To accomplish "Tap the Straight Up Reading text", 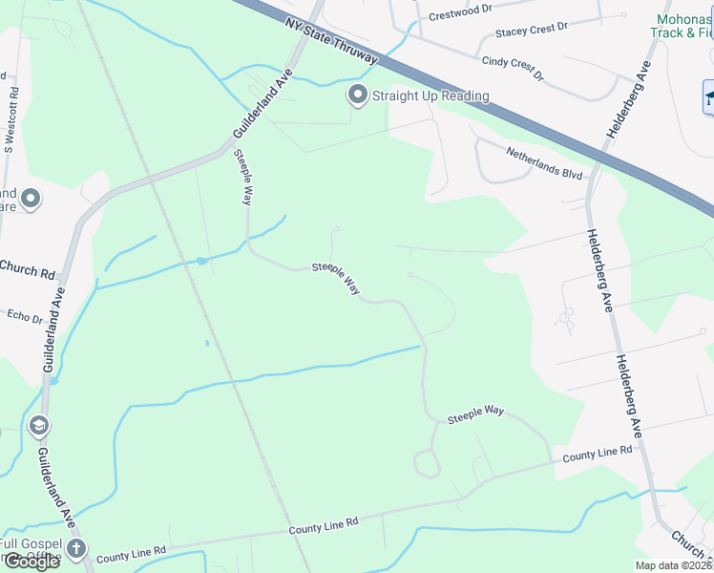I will click(x=430, y=95).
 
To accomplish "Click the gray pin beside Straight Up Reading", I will click(x=358, y=95).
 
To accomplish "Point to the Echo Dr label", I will click(x=24, y=316).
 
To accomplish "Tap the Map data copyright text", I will click(x=673, y=565).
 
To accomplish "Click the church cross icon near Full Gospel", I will click(x=75, y=549).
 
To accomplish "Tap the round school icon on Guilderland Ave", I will click(x=39, y=425).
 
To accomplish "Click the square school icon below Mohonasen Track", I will click(x=709, y=96).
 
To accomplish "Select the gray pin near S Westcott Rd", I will click(x=31, y=199).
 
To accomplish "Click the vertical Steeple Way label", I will click(x=242, y=178).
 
